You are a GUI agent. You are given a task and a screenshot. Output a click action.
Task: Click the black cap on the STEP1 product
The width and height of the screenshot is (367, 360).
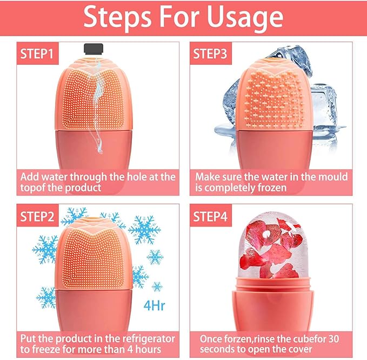[94, 49]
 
